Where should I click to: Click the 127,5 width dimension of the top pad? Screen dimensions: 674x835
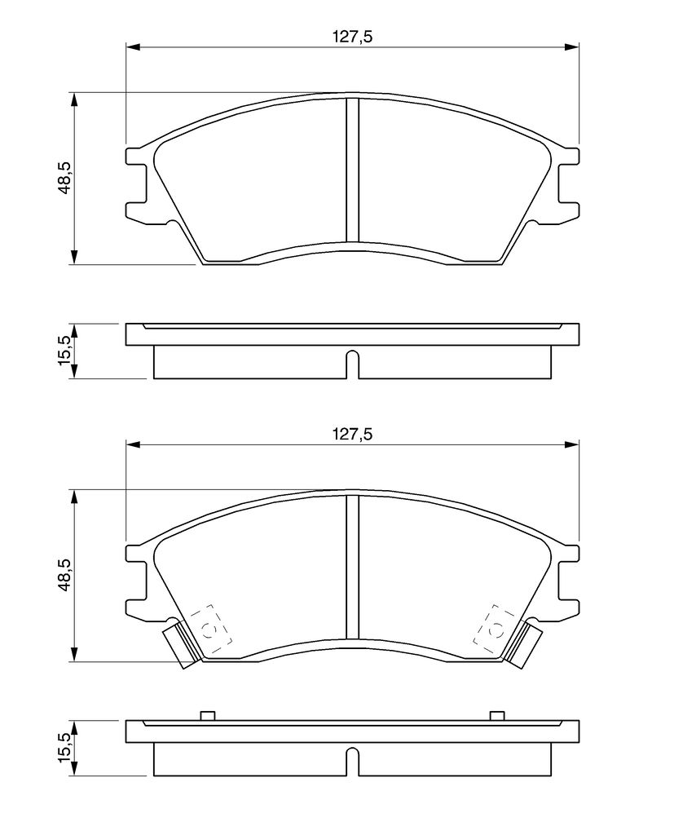click(x=352, y=37)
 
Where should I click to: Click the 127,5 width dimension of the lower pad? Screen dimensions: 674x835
click(x=352, y=434)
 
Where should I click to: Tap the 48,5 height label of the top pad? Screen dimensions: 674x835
click(x=65, y=178)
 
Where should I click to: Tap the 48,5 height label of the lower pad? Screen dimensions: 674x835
click(x=65, y=575)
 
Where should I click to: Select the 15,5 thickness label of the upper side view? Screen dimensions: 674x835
click(x=64, y=350)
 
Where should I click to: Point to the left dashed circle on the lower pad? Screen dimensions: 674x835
click(x=209, y=630)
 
